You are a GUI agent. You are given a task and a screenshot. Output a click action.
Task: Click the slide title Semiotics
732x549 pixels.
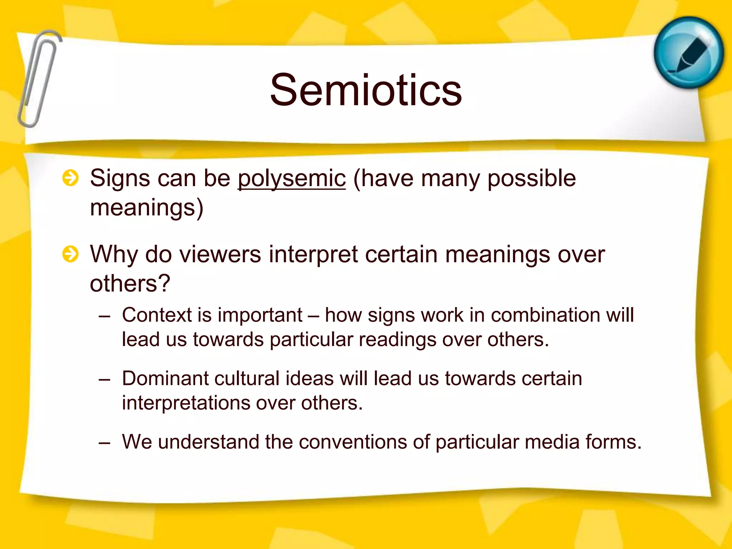tap(366, 90)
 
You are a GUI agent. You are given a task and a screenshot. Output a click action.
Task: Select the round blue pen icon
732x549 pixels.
tap(688, 53)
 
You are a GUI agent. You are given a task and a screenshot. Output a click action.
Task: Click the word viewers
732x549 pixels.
tap(220, 254)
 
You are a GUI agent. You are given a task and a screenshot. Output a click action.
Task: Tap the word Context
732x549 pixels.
tap(157, 315)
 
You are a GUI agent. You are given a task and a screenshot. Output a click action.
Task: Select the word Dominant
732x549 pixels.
tap(165, 379)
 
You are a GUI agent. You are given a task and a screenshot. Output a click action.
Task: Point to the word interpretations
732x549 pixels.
tap(186, 403)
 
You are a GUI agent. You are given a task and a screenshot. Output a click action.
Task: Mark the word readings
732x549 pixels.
tap(397, 340)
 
